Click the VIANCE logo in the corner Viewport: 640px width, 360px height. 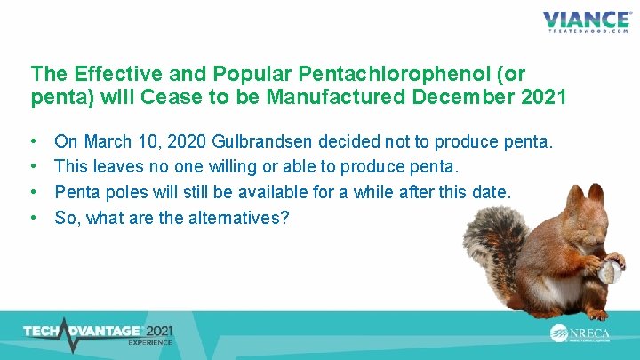(587, 21)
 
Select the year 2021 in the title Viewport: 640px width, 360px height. (538, 96)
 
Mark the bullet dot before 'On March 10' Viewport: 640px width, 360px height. (33, 141)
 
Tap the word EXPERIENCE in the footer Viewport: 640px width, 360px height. (149, 341)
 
